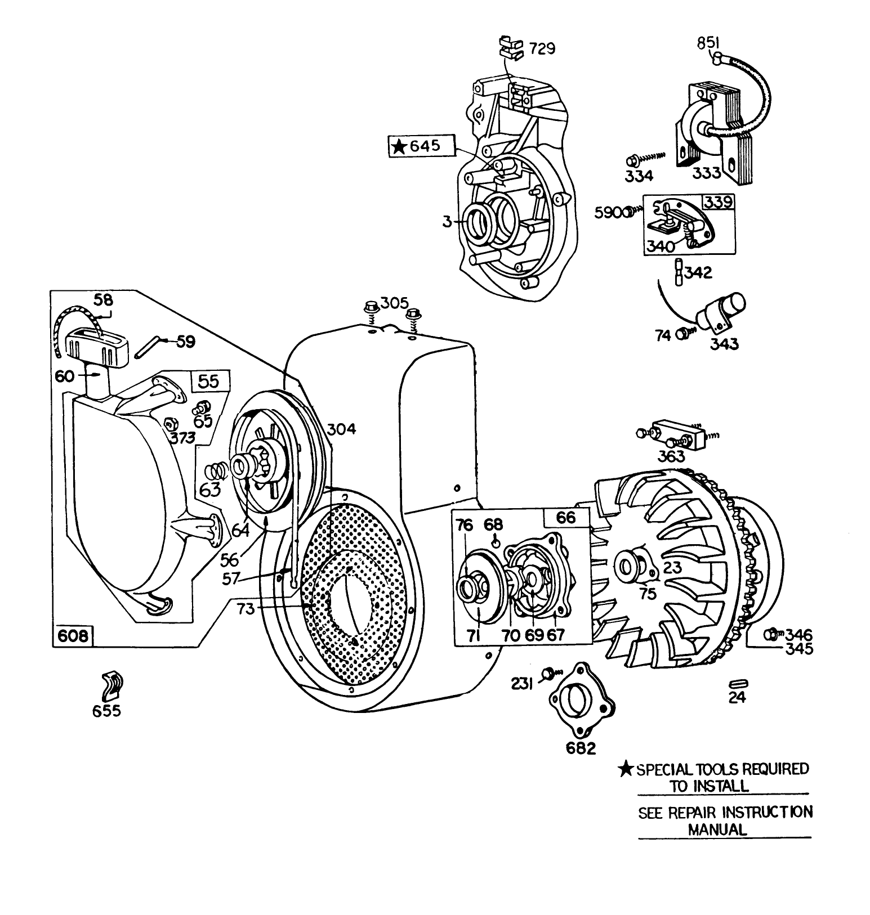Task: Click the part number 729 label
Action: coord(542,49)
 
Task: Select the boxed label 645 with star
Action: coord(422,146)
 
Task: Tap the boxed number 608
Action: coord(73,636)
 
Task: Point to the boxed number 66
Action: coord(566,517)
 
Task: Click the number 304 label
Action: coord(342,429)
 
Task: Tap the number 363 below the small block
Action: coord(671,456)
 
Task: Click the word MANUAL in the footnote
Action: coord(717,828)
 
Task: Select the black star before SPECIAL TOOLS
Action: coord(626,769)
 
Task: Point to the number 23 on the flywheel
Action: coord(672,567)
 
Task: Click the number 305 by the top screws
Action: coord(394,303)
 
